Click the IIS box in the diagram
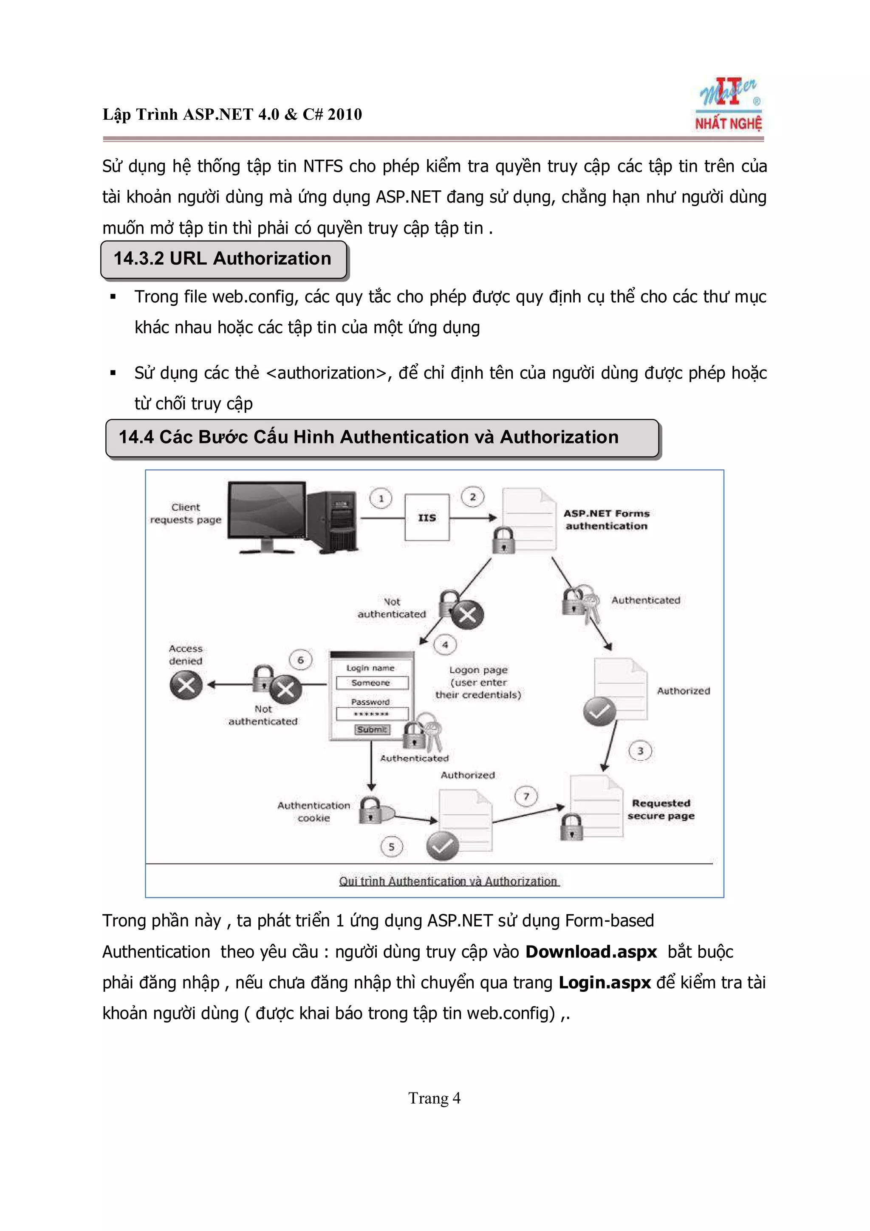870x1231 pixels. coord(427,517)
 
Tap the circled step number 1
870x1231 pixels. coord(381,498)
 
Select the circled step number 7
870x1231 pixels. coord(526,796)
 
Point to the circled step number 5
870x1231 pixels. coord(391,847)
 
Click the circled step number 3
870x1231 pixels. coord(640,751)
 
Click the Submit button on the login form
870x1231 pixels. coord(372,729)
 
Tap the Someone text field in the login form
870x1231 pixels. coord(371,683)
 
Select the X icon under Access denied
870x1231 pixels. coord(186,685)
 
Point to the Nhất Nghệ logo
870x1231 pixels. coord(729,105)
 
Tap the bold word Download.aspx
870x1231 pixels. coord(591,951)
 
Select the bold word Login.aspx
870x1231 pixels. coord(604,982)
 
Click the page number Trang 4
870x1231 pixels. coord(434,1098)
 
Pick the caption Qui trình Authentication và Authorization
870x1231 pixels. coord(448,881)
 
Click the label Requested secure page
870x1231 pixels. coord(661,809)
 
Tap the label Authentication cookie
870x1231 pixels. coord(314,811)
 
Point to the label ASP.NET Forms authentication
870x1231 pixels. coord(606,520)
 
